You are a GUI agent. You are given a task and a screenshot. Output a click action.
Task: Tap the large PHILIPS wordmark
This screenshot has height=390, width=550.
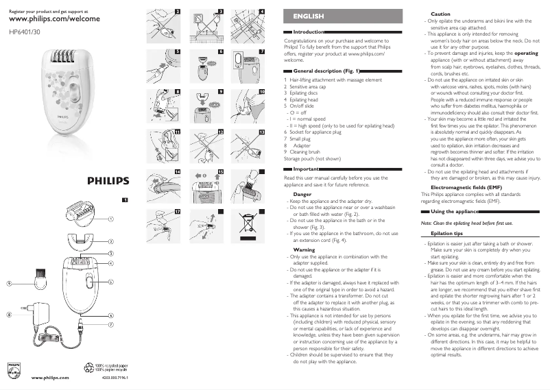[107, 181]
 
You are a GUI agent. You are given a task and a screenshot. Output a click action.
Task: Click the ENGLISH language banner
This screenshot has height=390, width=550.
[308, 15]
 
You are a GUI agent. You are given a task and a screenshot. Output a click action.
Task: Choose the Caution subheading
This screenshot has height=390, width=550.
[440, 14]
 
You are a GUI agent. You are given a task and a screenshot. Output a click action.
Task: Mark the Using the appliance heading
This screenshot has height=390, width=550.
[453, 211]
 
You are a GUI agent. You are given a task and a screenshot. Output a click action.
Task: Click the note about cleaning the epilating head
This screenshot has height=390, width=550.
[466, 223]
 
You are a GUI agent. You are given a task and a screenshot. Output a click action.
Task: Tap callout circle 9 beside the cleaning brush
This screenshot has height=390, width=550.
[10, 282]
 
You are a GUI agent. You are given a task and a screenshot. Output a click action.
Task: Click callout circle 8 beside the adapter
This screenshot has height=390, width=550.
[10, 315]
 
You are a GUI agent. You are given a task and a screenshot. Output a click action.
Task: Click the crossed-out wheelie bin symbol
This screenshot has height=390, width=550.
[249, 223]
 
